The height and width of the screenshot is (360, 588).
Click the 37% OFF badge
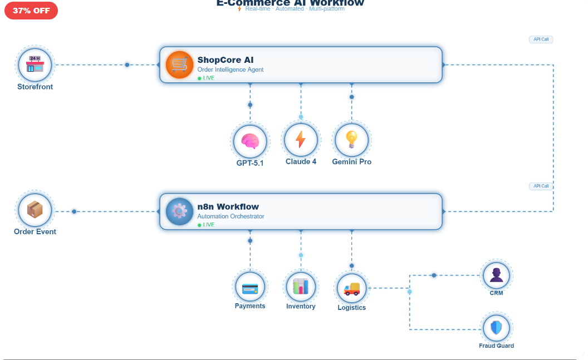[31, 11]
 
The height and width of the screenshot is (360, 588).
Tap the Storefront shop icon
[35, 65]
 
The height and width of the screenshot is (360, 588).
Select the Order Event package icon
[35, 210]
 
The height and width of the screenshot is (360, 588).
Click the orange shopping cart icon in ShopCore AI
[179, 65]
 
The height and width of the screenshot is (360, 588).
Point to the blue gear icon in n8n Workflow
[179, 211]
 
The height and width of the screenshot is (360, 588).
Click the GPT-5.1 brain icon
[250, 141]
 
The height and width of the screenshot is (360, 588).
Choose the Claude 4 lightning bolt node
[301, 140]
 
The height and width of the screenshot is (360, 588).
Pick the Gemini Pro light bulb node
[351, 140]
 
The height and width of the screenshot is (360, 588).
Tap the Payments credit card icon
[250, 288]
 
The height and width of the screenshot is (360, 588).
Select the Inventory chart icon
[301, 287]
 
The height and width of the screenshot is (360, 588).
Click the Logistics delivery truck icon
[352, 289]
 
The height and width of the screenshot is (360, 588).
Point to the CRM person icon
[496, 275]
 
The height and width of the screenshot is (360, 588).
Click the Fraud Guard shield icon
[496, 328]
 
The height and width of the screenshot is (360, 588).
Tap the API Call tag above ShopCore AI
[541, 40]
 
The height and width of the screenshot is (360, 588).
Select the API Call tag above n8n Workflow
[541, 186]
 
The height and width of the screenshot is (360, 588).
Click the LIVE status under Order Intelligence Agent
[206, 78]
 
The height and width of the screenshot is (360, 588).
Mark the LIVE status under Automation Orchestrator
[206, 225]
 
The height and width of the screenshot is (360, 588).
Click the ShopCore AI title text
[226, 60]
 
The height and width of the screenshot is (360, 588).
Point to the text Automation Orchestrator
[231, 216]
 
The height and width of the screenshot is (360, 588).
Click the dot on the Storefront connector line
[127, 65]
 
